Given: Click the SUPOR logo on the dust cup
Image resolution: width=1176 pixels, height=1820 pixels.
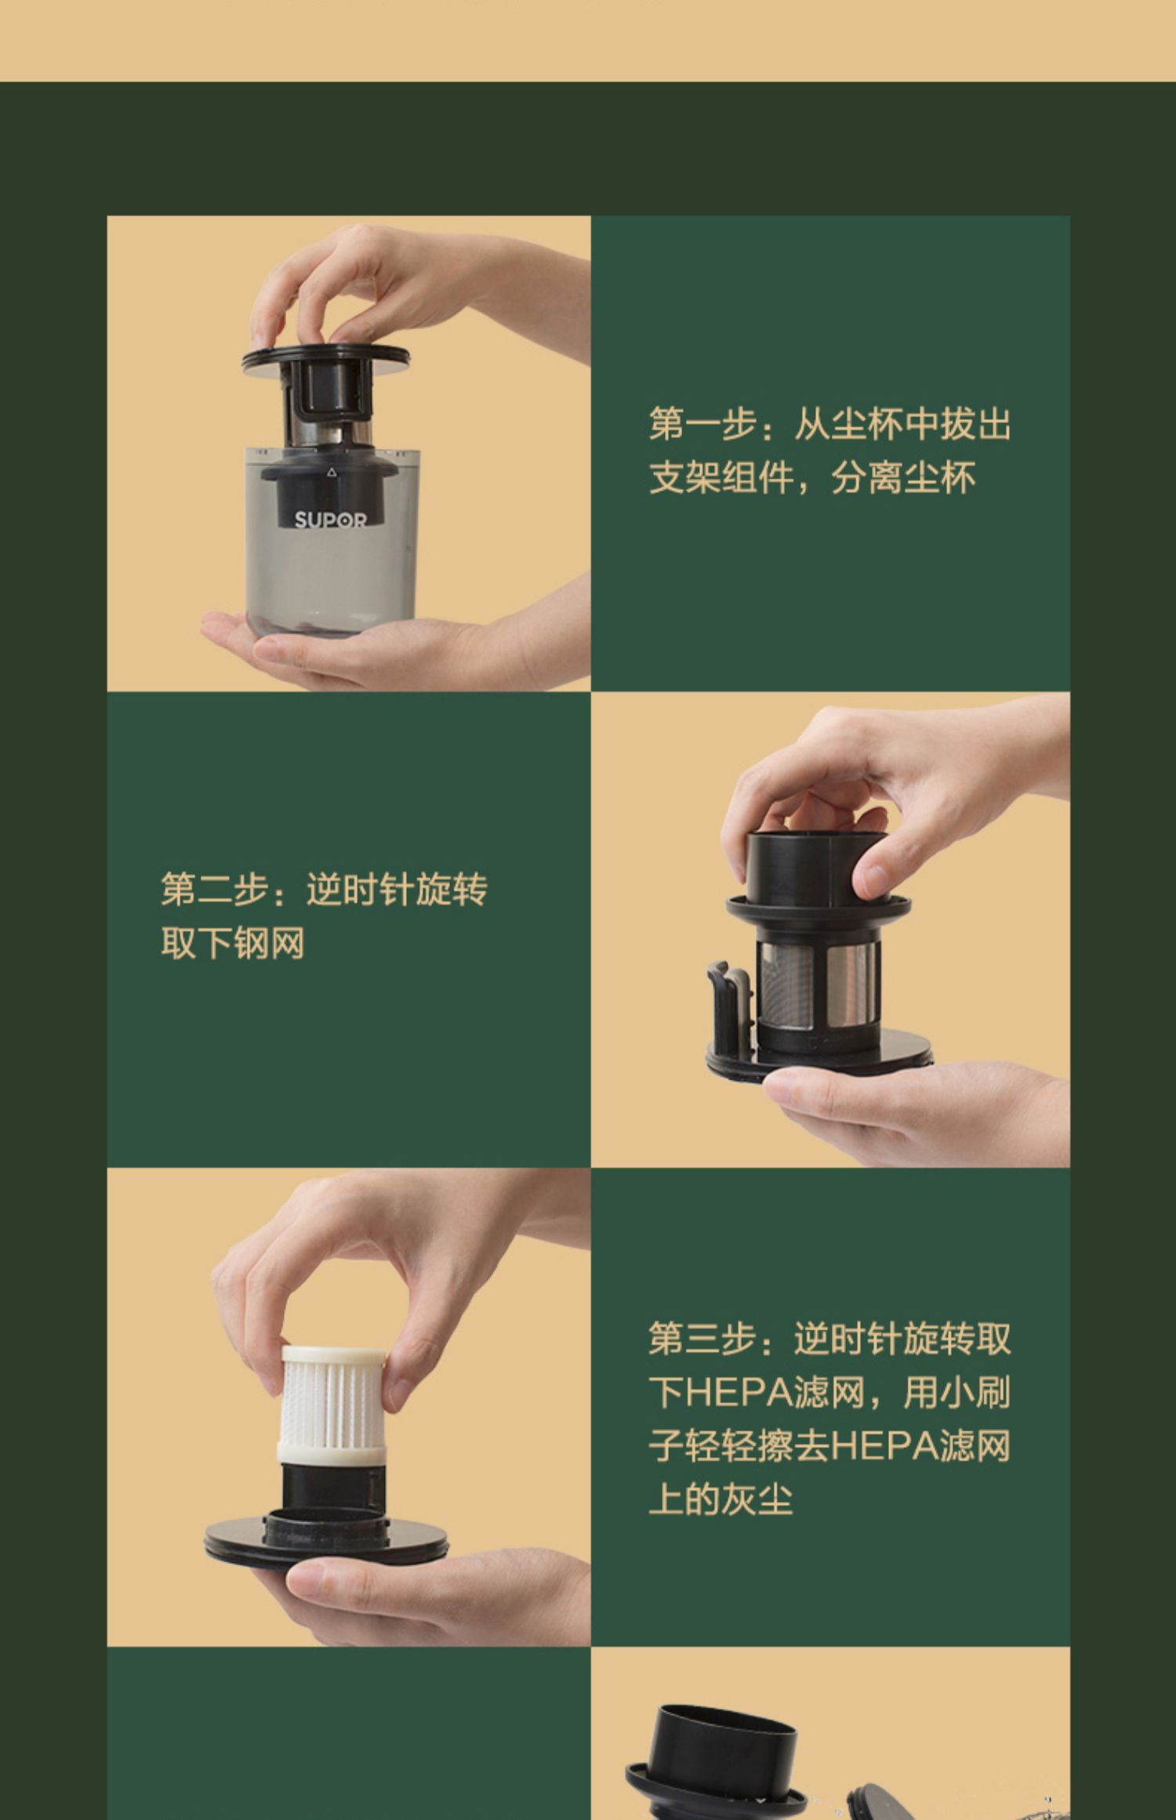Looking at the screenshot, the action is tap(330, 520).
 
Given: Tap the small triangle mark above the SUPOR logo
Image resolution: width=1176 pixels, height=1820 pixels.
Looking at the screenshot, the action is tap(331, 472).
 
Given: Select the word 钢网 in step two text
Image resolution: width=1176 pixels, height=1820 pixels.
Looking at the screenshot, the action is tap(269, 943).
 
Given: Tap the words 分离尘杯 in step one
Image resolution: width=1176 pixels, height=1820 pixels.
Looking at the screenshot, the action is tap(904, 477).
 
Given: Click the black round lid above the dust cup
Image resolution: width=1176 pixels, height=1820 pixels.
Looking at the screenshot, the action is tap(325, 358).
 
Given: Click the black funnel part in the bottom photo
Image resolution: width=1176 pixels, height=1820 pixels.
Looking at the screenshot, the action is tap(720, 1767).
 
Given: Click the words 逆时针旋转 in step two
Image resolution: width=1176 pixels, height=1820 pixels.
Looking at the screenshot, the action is tap(397, 889).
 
